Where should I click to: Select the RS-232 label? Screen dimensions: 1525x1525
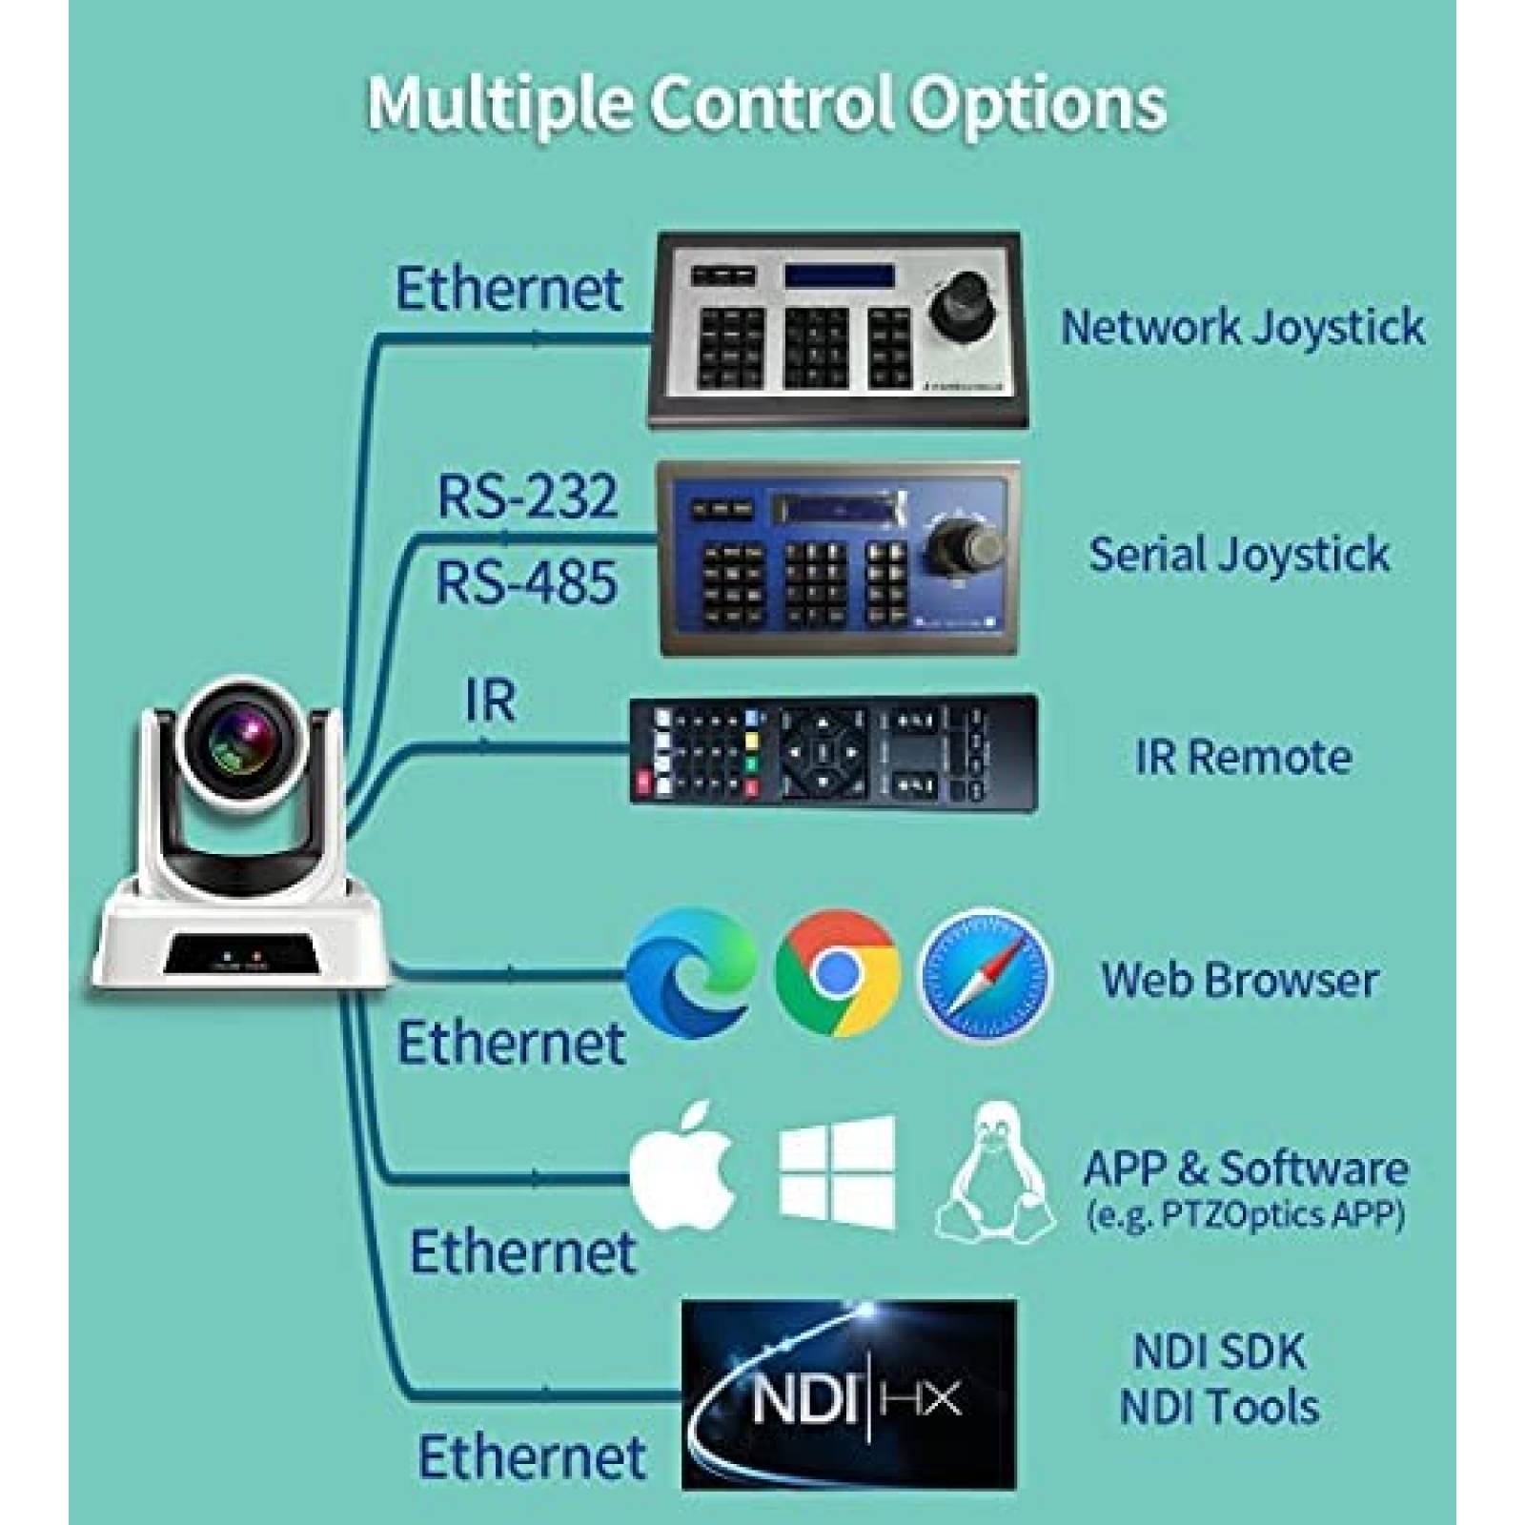click(x=527, y=496)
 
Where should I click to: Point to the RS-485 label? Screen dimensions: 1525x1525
click(x=526, y=581)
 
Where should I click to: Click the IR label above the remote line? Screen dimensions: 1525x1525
click(x=490, y=701)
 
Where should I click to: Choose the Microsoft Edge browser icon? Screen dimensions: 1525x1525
click(x=691, y=972)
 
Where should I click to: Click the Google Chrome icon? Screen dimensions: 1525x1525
click(x=837, y=972)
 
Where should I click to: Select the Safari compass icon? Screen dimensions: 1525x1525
click(x=985, y=974)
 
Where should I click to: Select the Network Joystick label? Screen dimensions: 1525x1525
click(x=1243, y=327)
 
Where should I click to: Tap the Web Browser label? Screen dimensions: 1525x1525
click(x=1240, y=980)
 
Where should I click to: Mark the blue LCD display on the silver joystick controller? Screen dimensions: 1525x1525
click(x=839, y=276)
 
